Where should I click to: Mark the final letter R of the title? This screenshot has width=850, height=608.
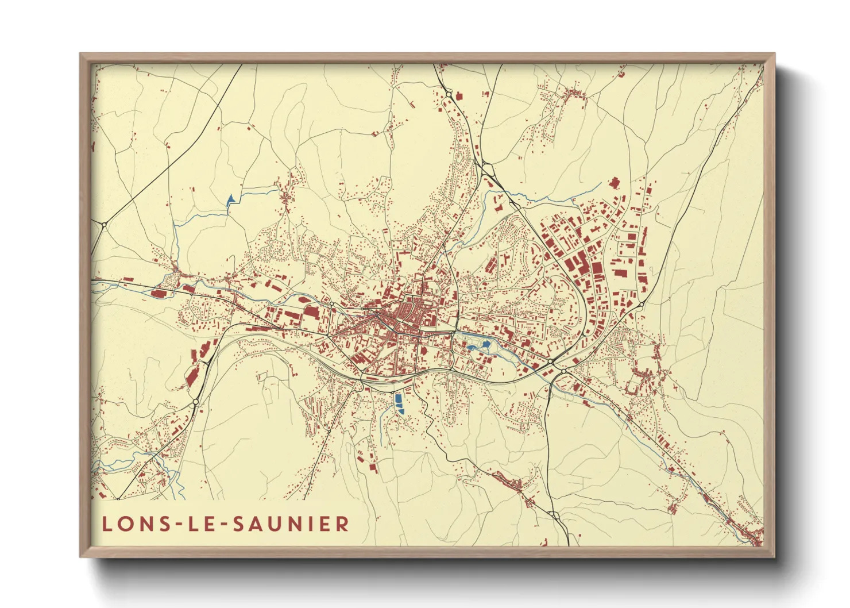(343, 524)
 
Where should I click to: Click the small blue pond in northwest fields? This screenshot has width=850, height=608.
(231, 199)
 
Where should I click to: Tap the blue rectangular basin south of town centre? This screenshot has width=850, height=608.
(400, 403)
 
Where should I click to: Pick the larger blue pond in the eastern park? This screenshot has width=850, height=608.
(486, 344)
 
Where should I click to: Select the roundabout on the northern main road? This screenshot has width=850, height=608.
(448, 94)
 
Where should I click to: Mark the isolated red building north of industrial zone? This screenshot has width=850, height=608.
(615, 183)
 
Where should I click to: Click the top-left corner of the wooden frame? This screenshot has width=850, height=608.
(80, 54)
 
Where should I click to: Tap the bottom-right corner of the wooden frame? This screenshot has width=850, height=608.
(774, 556)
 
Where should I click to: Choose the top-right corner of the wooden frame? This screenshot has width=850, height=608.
(774, 54)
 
